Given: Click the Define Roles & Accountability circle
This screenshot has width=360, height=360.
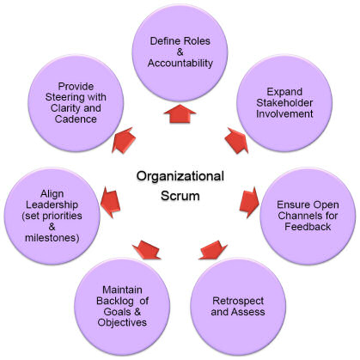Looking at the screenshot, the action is click(x=180, y=52).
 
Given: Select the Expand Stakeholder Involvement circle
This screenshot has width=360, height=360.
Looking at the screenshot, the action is click(x=284, y=103).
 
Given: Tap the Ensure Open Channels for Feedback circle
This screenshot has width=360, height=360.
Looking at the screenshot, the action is click(x=308, y=216).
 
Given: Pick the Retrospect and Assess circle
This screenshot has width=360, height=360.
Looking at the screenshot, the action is click(x=238, y=306).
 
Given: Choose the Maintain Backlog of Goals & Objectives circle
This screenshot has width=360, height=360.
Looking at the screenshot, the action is click(x=122, y=306).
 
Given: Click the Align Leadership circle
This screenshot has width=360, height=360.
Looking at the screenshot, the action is click(x=52, y=216).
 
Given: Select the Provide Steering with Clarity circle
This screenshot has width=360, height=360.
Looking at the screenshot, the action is click(x=76, y=103).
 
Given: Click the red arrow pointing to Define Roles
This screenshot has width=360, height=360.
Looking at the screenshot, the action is click(x=180, y=114).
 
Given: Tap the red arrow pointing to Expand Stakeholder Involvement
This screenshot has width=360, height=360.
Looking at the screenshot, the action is click(x=236, y=140).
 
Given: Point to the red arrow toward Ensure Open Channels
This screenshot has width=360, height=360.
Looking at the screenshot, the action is click(x=249, y=203).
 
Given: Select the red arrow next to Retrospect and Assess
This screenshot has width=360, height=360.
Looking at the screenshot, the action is click(x=213, y=250).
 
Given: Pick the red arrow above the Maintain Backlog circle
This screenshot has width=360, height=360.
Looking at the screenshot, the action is click(x=146, y=250).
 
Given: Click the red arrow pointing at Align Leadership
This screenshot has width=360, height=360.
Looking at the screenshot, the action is click(x=110, y=203).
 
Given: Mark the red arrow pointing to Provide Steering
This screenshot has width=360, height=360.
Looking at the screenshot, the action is click(x=124, y=140).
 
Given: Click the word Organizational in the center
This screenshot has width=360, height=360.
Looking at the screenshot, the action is click(x=180, y=176).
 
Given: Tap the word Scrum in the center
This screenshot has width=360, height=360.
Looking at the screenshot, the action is click(x=180, y=196).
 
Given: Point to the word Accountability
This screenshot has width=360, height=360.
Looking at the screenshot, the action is click(x=180, y=64).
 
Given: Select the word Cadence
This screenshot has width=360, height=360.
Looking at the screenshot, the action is click(x=76, y=119).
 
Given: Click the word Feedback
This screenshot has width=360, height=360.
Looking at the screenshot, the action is click(x=308, y=227).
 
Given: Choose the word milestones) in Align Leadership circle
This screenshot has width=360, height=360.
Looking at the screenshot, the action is click(x=52, y=238).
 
